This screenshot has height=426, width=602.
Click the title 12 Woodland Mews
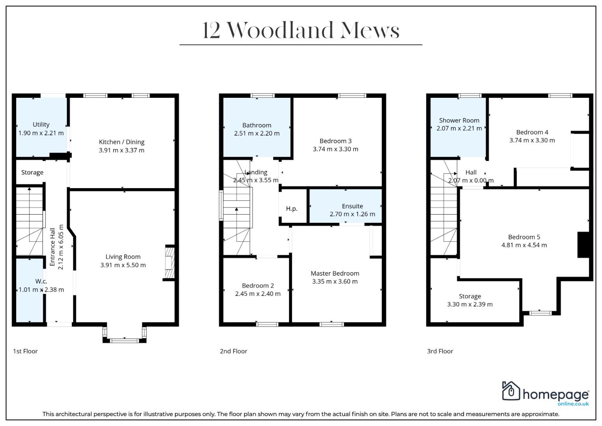pos(301,30)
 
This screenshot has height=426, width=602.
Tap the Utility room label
pos(41,125)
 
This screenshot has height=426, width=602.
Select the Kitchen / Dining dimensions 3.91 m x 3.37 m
pos(121,150)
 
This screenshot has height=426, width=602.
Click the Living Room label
pos(123,257)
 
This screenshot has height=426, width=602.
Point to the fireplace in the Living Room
pos(170,263)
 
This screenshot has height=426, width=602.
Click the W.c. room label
pos(41,281)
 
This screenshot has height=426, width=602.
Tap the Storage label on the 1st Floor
pos(32,172)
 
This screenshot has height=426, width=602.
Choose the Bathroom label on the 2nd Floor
pos(257,125)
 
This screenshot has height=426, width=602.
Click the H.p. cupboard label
pos(292,209)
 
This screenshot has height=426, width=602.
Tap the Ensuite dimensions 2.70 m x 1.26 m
pos(352,214)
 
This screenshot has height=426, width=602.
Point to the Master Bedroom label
pos(335,273)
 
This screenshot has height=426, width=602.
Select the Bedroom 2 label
pos(258,286)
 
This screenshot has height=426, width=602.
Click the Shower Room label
pos(459,120)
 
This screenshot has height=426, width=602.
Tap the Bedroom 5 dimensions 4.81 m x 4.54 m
pos(524,245)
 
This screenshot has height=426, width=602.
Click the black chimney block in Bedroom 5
pos(583,245)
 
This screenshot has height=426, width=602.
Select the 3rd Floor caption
pos(440,351)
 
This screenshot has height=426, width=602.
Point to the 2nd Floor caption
pos(233,351)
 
